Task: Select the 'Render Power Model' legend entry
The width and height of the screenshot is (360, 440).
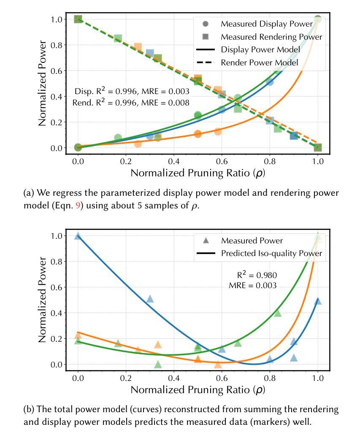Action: pos(259,62)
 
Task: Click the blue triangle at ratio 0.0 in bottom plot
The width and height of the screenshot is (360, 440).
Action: pos(78,236)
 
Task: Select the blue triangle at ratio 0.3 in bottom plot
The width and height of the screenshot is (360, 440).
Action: pos(150,299)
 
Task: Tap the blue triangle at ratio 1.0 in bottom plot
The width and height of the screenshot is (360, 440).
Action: pos(318,301)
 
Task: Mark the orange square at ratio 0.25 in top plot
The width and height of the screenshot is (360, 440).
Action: pos(138,47)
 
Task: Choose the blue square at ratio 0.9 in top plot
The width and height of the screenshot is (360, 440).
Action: pos(294,136)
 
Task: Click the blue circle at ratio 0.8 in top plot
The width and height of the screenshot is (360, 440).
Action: pos(270,82)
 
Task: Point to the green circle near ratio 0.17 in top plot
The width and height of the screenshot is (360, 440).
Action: pos(118,138)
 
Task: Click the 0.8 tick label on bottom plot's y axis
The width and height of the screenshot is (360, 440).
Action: pos(57,262)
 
